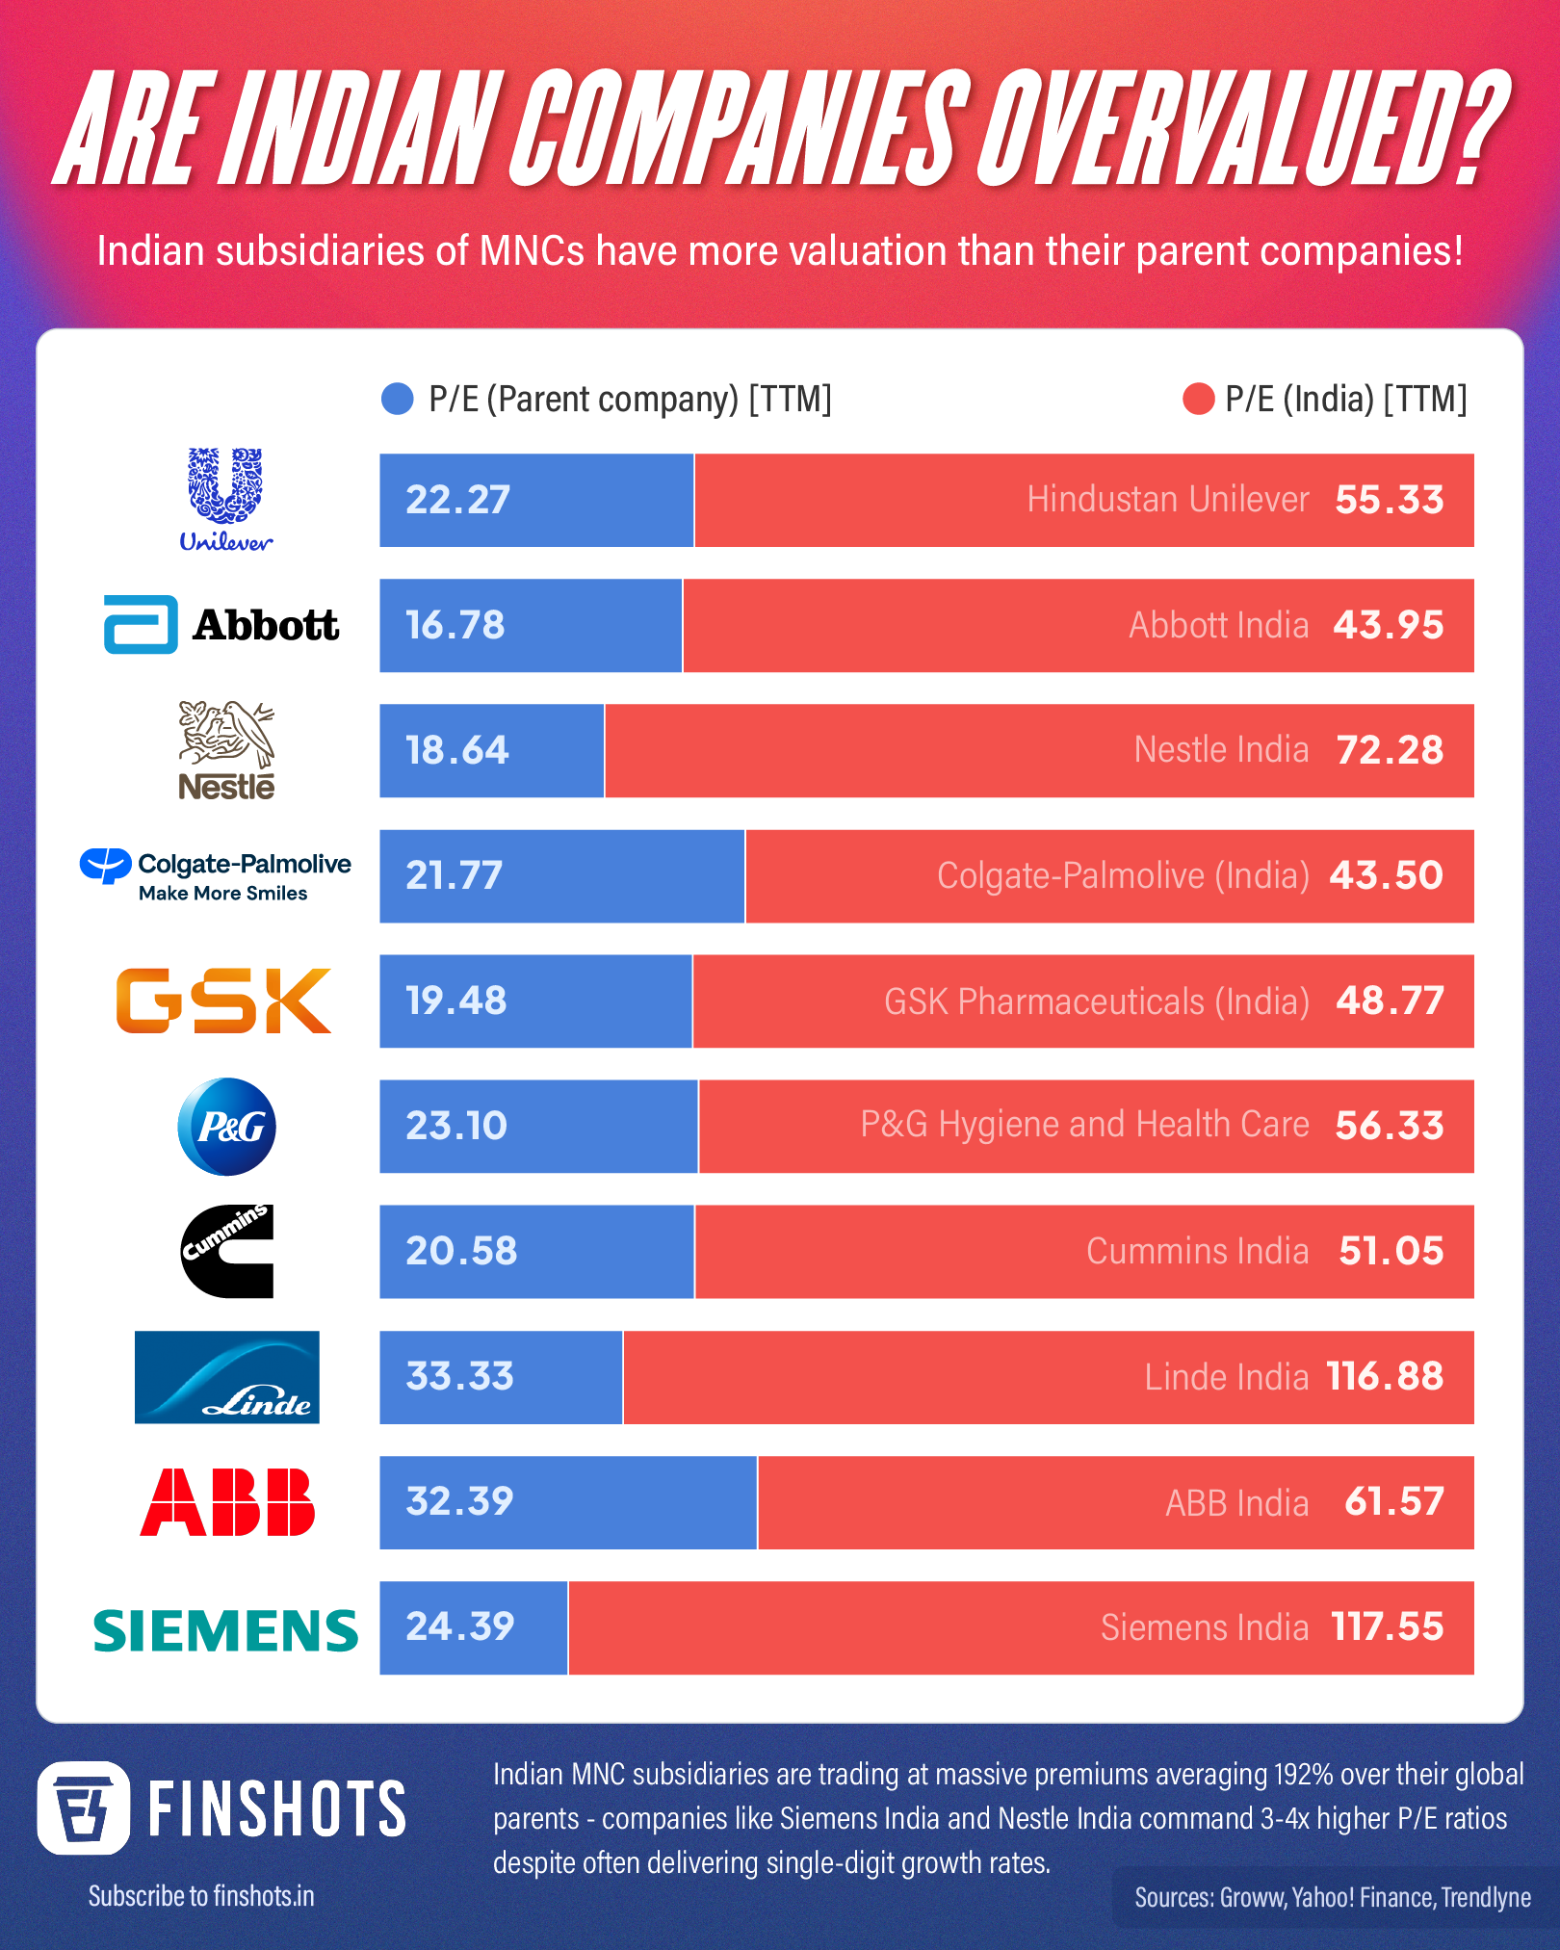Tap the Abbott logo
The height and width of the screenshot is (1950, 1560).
click(221, 625)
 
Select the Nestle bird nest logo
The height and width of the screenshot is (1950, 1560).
click(226, 750)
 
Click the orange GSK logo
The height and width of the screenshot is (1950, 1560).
click(223, 1001)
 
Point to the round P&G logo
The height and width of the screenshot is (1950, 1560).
click(227, 1127)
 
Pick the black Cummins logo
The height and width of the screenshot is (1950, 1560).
click(227, 1251)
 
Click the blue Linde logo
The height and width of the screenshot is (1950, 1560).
click(227, 1377)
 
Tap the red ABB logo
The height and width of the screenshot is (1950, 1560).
click(227, 1502)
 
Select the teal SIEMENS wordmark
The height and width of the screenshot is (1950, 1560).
click(225, 1629)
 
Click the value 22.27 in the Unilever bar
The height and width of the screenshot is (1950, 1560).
click(457, 501)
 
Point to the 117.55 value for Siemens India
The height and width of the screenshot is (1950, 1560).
click(1388, 1627)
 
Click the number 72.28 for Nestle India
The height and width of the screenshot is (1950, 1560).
click(1390, 750)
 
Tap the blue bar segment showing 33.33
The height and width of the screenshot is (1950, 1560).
click(501, 1377)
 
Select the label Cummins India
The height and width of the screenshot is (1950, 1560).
click(1197, 1251)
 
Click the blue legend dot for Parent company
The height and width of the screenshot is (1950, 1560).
click(398, 399)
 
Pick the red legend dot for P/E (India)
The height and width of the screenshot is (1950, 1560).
click(1198, 399)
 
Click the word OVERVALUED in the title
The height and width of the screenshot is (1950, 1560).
click(1237, 130)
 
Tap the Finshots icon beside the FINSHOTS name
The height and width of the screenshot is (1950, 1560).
click(84, 1807)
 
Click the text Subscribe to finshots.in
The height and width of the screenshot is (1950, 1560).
click(201, 1896)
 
